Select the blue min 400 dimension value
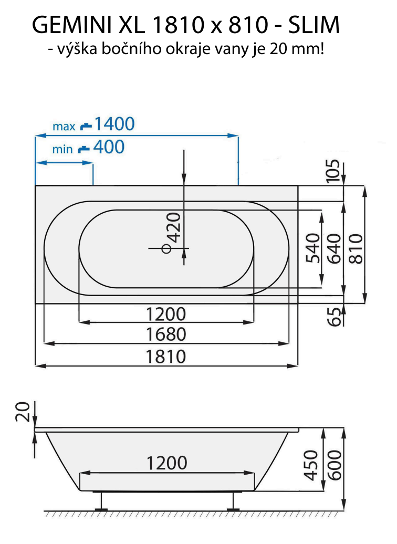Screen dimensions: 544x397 coord(109,148)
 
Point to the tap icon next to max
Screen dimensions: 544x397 coord(86,126)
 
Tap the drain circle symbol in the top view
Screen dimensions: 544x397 coord(166,248)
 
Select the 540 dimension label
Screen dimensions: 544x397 coord(312,248)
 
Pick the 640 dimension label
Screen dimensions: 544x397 coord(334,248)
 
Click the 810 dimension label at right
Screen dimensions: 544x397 coord(356,248)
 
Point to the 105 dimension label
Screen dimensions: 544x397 coord(333,171)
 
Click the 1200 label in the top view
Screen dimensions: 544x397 coord(166,314)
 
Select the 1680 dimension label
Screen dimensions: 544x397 coord(166,334)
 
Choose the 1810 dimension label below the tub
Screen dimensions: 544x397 coord(166,357)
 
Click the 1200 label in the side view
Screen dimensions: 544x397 coord(166,463)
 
